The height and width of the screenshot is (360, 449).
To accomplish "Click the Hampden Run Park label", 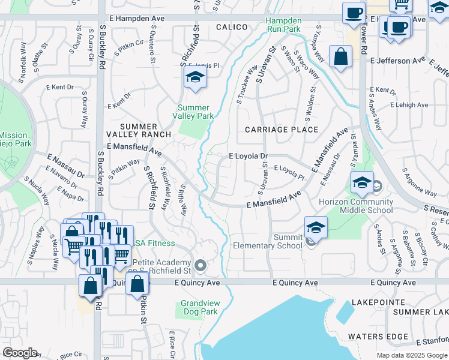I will point(283,24).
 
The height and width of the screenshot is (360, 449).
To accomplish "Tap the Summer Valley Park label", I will point(193,112).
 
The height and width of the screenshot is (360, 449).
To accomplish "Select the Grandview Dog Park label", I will point(199,308).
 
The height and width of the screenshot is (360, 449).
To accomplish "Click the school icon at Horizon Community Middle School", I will point(362,184).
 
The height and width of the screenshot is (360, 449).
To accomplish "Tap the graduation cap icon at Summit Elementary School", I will point(316,227).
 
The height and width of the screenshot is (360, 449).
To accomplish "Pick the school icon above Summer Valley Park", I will point(195,77).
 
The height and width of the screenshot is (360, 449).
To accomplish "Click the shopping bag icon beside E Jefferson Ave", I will point(340,58).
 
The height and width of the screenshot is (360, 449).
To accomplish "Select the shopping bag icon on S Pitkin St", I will point(137,284).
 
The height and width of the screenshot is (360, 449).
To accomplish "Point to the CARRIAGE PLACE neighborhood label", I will point(282,130).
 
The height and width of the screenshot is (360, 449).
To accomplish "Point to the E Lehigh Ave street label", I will point(409,104).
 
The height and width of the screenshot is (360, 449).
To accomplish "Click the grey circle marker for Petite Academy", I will point(200,265).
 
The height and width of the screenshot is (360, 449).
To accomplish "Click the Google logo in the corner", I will point(20,353).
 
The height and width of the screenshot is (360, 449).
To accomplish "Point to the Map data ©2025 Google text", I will point(412,355).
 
